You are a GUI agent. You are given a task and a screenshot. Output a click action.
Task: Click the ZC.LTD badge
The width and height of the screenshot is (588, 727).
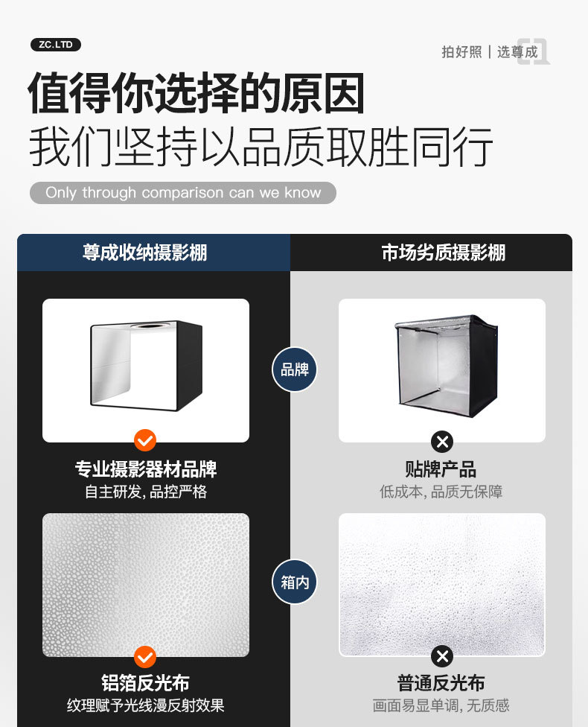tap(56, 45)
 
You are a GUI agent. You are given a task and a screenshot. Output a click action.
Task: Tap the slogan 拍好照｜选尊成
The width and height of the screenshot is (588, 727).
tap(490, 52)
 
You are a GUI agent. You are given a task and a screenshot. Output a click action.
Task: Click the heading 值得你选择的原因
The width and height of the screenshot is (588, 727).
tap(196, 93)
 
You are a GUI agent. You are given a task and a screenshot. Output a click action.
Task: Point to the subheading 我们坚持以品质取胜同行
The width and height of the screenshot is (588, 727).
tap(261, 147)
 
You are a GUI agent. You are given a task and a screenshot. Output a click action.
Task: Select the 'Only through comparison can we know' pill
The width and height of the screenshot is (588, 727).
tap(183, 192)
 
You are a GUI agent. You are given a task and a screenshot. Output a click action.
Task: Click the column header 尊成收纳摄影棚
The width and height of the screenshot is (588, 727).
tap(144, 253)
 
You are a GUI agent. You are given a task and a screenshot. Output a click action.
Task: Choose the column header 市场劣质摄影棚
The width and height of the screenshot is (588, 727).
tap(444, 253)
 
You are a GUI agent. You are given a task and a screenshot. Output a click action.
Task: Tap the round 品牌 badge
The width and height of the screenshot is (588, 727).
tap(294, 369)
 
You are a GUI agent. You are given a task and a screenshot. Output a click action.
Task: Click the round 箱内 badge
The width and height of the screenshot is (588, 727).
tap(294, 582)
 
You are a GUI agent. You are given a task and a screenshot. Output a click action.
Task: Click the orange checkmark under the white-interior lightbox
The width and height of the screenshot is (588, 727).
tap(145, 440)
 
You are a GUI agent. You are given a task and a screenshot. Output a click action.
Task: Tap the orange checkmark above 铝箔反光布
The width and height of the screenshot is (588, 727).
tap(145, 657)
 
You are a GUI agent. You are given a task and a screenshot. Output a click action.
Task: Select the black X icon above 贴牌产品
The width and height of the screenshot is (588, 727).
tap(442, 442)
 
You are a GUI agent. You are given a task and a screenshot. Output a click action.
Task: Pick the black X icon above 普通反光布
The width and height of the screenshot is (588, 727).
tap(442, 656)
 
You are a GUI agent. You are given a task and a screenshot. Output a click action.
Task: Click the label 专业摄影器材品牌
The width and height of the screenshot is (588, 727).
tap(146, 469)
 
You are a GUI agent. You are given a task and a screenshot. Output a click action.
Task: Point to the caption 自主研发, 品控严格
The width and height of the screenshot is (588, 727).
tap(146, 492)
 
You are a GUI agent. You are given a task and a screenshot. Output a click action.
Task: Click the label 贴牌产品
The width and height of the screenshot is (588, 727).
tap(441, 469)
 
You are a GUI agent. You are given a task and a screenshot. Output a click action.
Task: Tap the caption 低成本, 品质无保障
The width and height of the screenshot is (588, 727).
tap(441, 492)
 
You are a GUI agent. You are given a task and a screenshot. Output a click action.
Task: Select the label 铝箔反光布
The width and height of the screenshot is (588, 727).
tap(145, 683)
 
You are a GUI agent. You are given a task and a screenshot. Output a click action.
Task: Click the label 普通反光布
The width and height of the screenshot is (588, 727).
tap(441, 683)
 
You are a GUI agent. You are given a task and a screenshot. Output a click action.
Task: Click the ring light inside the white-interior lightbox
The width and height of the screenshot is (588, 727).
tap(151, 327)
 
